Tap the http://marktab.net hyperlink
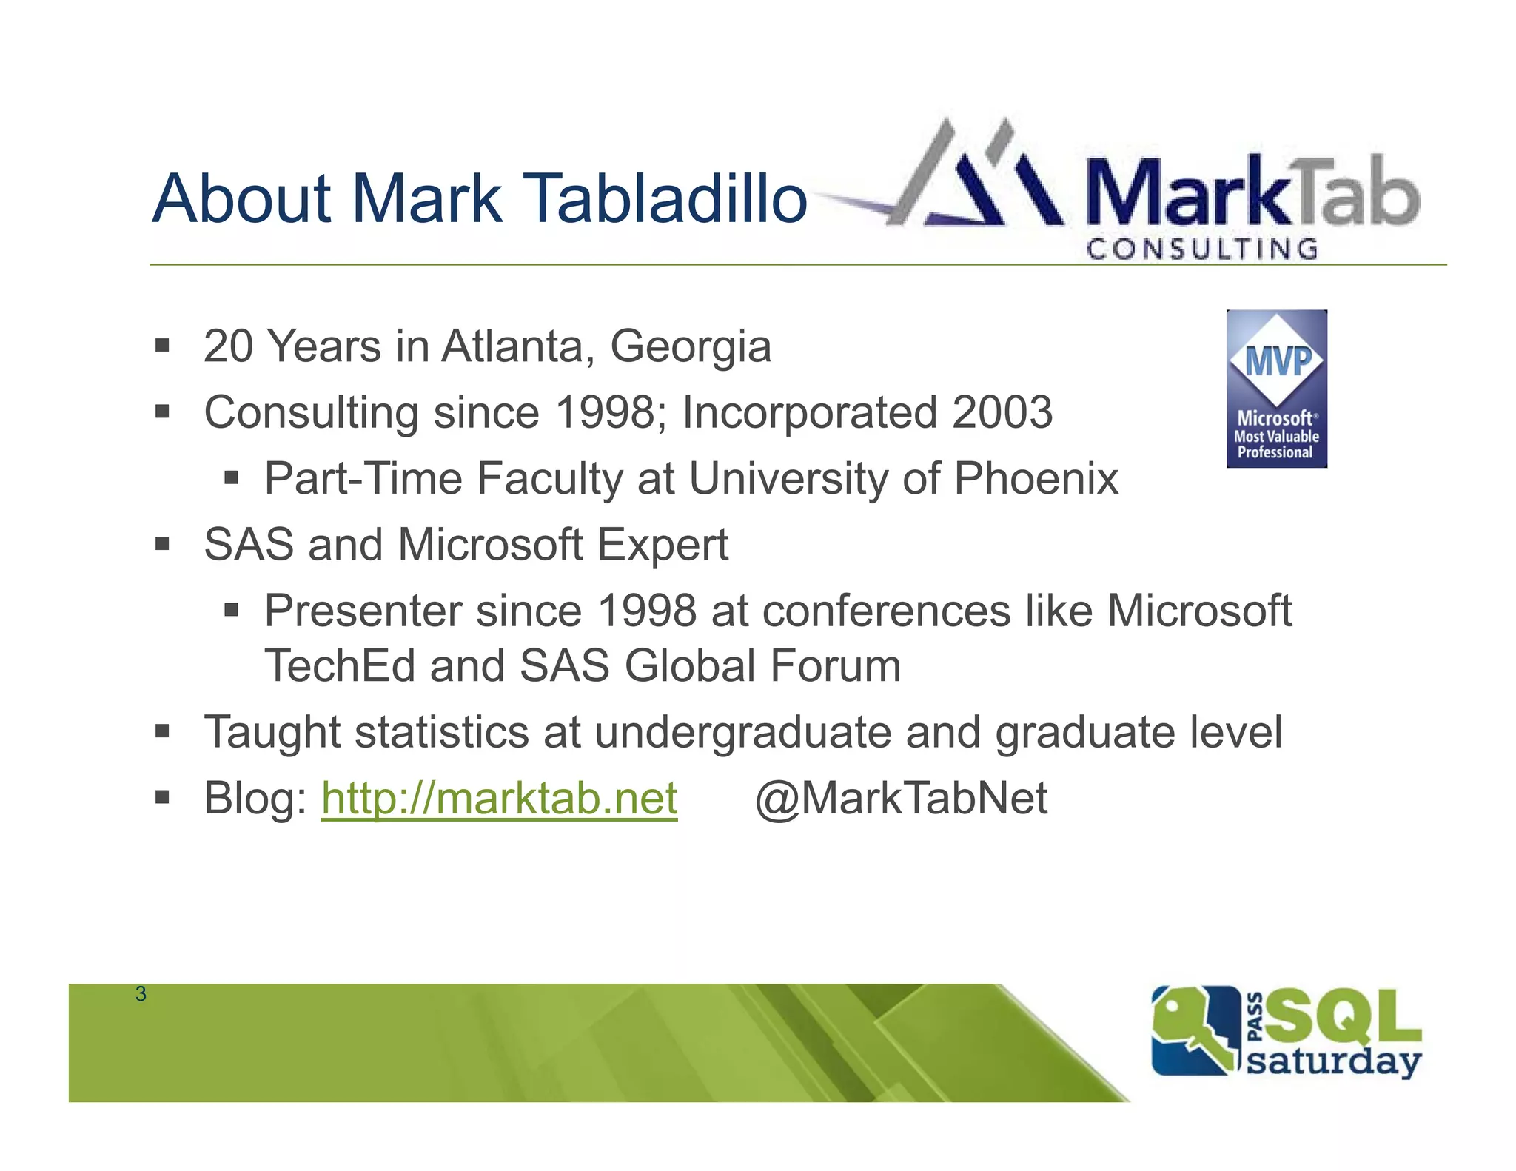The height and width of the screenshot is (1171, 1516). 499,799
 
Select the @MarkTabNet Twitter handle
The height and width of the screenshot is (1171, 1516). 901,799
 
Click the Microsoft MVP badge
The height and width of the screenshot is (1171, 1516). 1276,389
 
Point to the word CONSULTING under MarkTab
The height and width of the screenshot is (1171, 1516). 1202,249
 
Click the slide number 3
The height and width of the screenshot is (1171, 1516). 141,994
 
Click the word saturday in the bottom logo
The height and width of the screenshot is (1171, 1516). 1333,1061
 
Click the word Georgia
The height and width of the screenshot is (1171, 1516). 690,346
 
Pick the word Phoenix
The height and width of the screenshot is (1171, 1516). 1036,479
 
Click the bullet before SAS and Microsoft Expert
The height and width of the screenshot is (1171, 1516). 162,545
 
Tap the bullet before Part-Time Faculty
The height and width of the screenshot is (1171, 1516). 231,478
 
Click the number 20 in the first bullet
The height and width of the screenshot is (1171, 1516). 228,346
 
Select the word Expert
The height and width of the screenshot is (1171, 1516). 663,545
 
